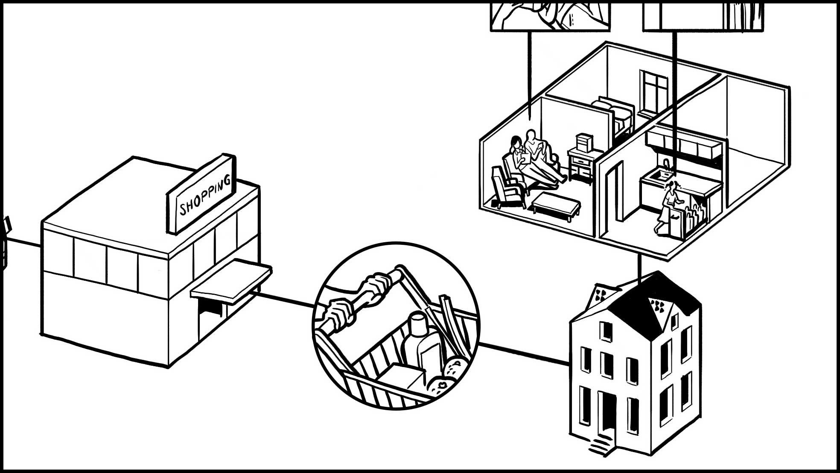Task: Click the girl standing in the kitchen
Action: point(668,207)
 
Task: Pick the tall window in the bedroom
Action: point(653,92)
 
